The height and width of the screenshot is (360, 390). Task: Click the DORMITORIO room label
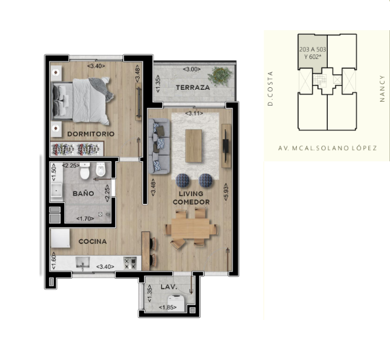click(x=91, y=134)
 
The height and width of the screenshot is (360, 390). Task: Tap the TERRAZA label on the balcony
click(x=193, y=88)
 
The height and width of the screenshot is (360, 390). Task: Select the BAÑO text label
click(x=83, y=193)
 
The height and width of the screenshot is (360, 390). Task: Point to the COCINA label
click(x=92, y=241)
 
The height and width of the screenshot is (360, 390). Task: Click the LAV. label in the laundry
click(x=169, y=287)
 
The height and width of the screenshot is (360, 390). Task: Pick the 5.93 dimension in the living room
click(x=225, y=192)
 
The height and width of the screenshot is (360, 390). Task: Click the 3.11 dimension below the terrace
click(x=194, y=113)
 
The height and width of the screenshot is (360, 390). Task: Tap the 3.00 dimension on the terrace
click(x=192, y=69)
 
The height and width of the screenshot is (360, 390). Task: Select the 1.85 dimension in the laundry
click(x=168, y=308)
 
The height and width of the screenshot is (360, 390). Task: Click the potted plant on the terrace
click(x=220, y=76)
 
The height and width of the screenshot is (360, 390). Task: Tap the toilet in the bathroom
click(x=85, y=170)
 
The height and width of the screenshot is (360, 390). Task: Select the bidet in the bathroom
click(x=101, y=169)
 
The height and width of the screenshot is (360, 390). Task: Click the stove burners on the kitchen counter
click(x=130, y=263)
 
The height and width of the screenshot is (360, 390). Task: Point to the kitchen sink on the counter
click(x=83, y=263)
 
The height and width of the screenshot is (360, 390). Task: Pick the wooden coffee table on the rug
click(x=193, y=146)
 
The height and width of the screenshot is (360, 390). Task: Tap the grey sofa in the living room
click(x=159, y=146)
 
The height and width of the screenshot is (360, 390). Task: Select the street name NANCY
click(x=382, y=89)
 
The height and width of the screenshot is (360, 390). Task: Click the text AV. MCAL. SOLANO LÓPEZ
click(x=327, y=148)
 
